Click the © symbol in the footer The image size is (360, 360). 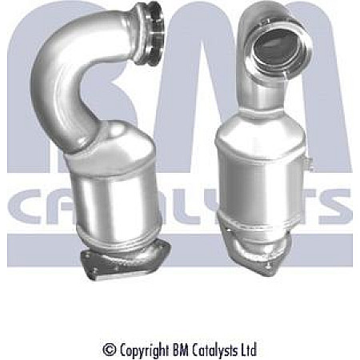coord(109,350)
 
